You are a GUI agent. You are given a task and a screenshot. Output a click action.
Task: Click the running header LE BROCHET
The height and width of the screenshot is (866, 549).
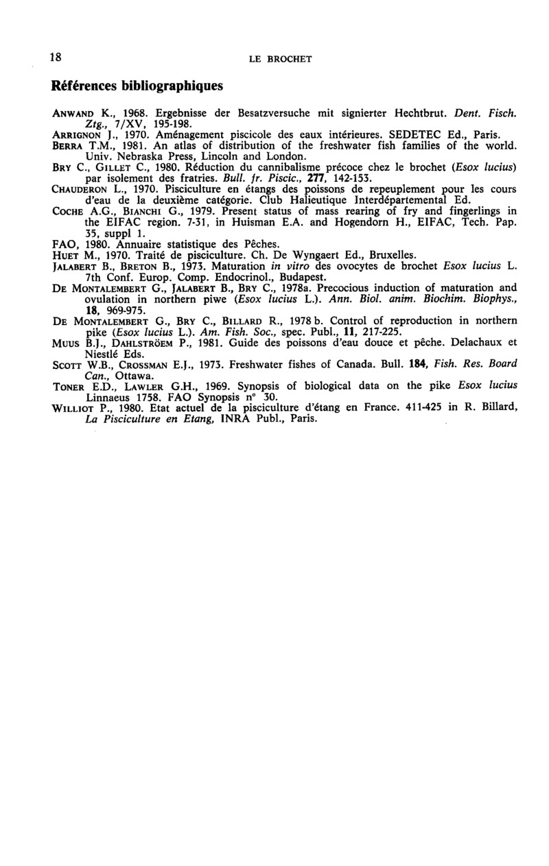click(280, 60)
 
